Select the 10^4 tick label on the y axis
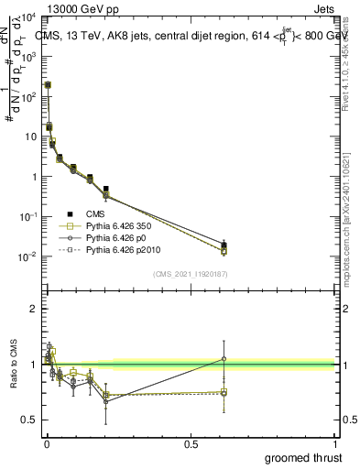pyautogui.click(x=27, y=17)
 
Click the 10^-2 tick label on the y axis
pyautogui.click(x=27, y=256)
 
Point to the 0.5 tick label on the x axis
pyautogui.click(x=191, y=443)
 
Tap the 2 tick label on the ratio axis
pyautogui.click(x=33, y=309)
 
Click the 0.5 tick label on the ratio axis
pyautogui.click(x=29, y=420)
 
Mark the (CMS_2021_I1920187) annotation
pyautogui.click(x=191, y=273)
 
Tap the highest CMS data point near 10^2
pyautogui.click(x=48, y=84)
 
